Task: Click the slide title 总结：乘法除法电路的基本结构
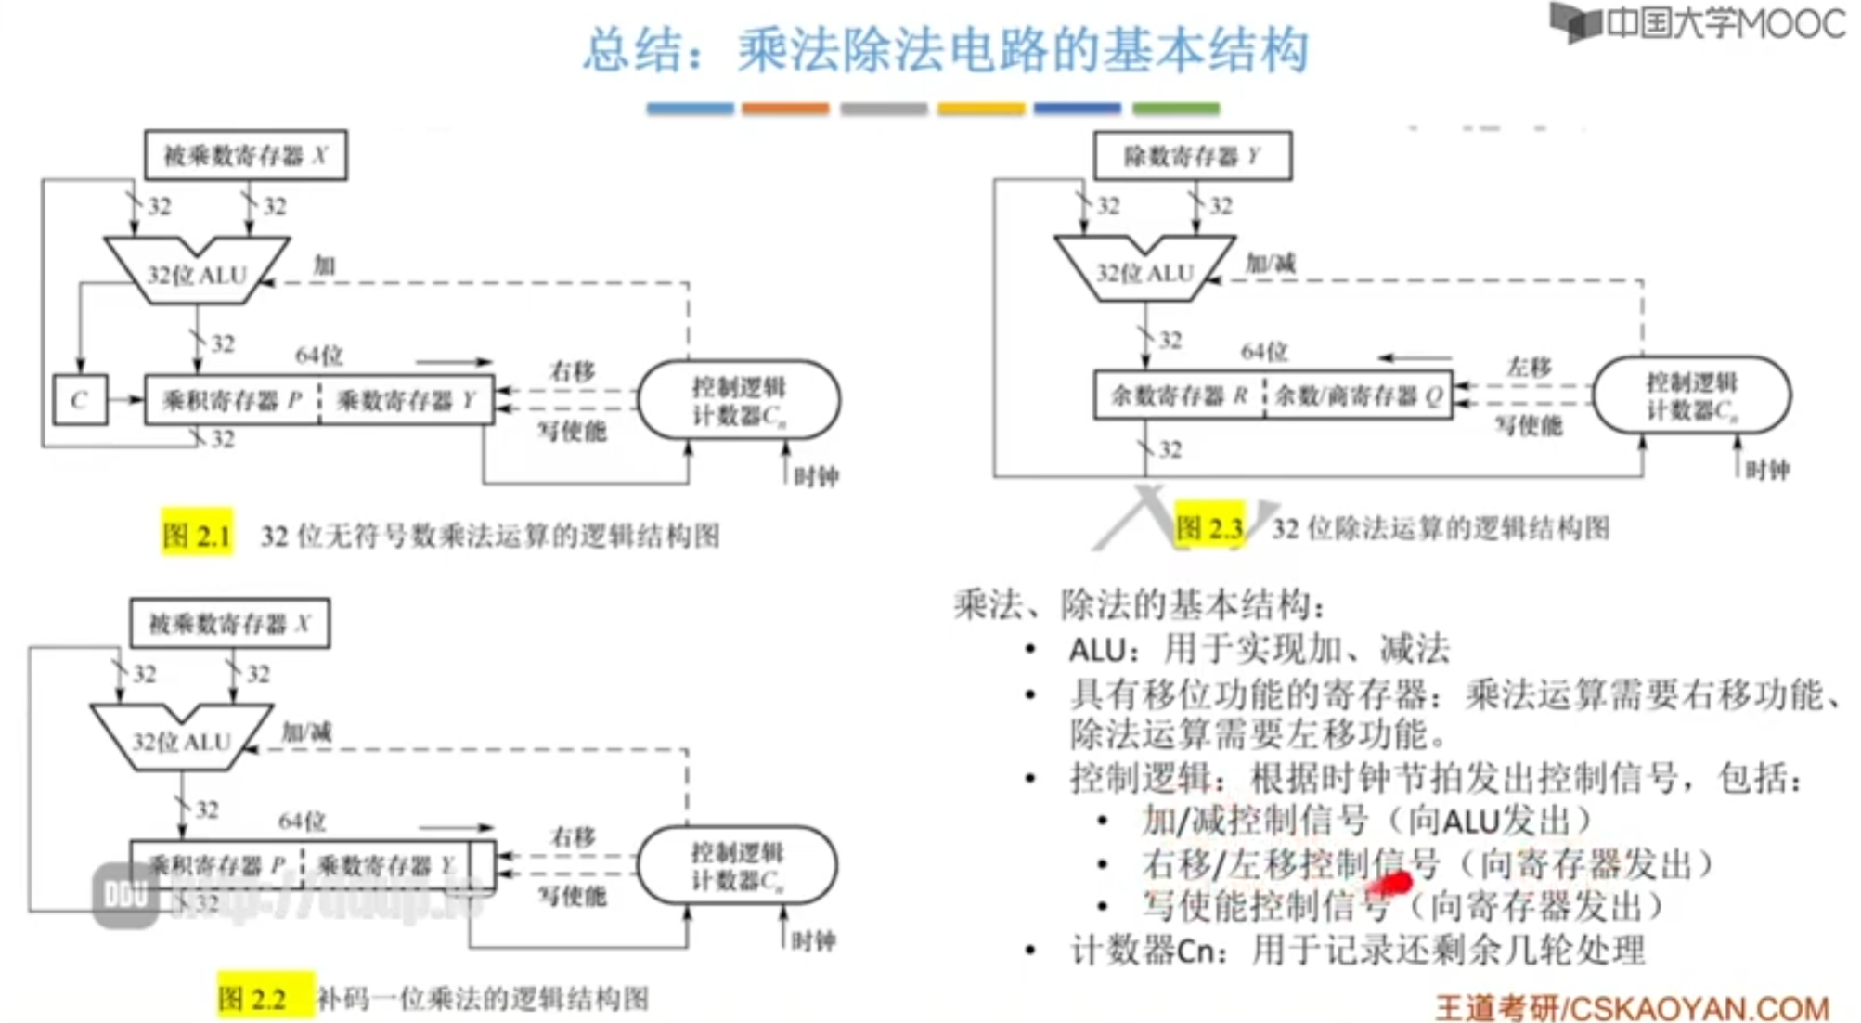click(x=946, y=50)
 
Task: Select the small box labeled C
click(x=80, y=400)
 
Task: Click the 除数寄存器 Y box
click(x=1192, y=156)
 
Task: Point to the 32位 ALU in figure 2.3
click(x=1144, y=270)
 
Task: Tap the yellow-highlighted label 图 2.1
click(x=196, y=535)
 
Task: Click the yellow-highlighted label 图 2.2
click(x=252, y=998)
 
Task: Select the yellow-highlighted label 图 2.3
click(x=1208, y=528)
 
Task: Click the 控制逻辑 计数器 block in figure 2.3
click(x=1691, y=396)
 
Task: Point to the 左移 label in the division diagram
click(x=1529, y=367)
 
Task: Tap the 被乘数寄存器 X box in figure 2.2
click(x=229, y=624)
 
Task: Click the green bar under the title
click(x=1175, y=109)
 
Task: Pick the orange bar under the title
click(x=785, y=109)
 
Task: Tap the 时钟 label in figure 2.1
click(x=816, y=477)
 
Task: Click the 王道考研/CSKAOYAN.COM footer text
click(x=1632, y=1007)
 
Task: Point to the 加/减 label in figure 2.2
click(x=306, y=732)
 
